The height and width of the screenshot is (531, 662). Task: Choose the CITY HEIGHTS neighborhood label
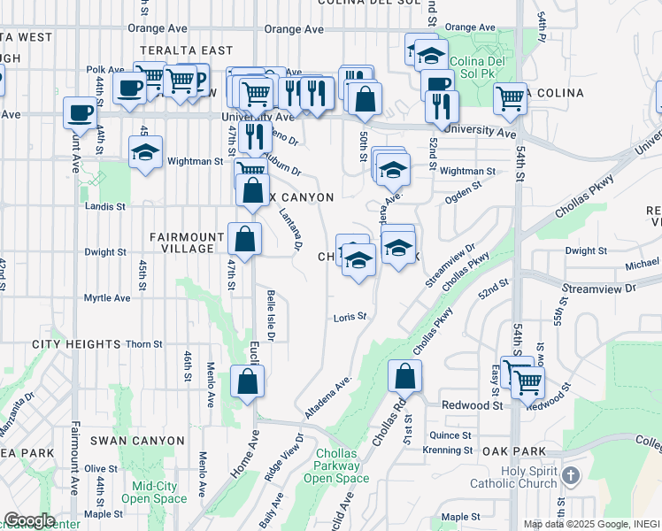tap(76, 343)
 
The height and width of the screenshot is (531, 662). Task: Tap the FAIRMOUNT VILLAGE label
tap(181, 242)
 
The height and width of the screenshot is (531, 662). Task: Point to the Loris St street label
tap(350, 316)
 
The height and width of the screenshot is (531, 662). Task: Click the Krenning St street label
tap(448, 450)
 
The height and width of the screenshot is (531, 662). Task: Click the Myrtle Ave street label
tap(107, 298)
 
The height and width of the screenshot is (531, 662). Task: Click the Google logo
tap(30, 520)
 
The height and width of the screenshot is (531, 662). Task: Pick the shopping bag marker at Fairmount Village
tap(244, 238)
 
